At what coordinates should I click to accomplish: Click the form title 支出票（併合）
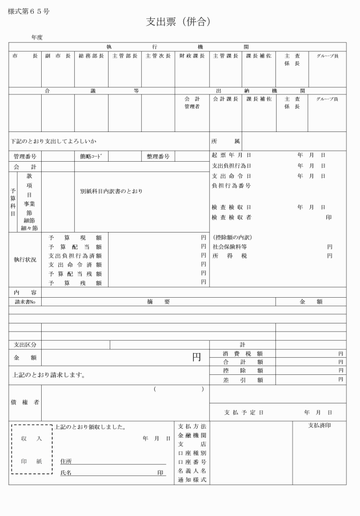tap(178, 22)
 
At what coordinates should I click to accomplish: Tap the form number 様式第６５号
tap(29, 11)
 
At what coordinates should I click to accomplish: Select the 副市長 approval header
tap(58, 56)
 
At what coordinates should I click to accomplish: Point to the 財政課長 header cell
tap(192, 56)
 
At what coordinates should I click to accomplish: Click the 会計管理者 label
tap(192, 103)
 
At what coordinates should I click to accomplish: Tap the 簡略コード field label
tap(91, 156)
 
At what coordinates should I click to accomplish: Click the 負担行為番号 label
tap(231, 186)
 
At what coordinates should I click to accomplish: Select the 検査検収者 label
tap(231, 217)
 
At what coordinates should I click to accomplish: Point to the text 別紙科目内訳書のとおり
tap(111, 191)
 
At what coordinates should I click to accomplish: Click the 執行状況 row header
tap(25, 259)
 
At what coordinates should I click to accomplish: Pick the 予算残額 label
tap(75, 283)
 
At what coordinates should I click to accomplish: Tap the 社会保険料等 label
tap(230, 247)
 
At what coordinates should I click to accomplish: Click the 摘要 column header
tap(158, 302)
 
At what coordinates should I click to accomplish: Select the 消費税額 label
tap(243, 354)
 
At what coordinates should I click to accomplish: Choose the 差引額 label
tap(243, 379)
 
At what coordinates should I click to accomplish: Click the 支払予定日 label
tap(244, 412)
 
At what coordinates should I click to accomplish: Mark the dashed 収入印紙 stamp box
tap(32, 449)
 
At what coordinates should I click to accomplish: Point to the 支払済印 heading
tap(319, 426)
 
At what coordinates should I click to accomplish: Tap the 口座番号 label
tap(192, 461)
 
